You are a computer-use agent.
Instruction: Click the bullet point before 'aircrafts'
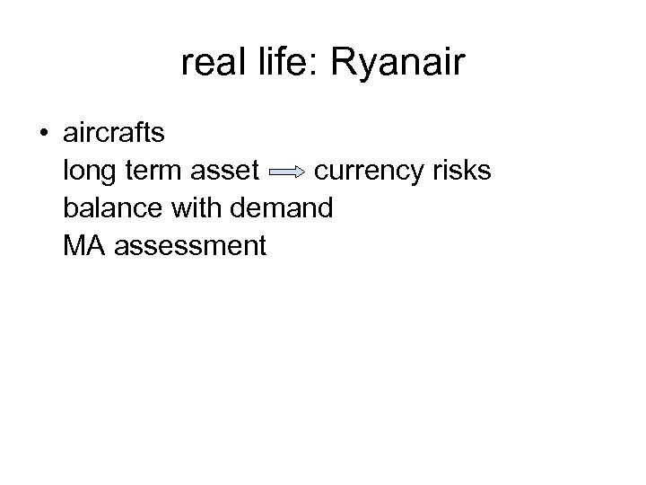44,135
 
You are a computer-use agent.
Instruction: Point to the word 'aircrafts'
114,134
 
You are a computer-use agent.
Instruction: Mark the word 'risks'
463,171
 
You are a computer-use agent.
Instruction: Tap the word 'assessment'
189,245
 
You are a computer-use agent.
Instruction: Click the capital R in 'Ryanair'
345,64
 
